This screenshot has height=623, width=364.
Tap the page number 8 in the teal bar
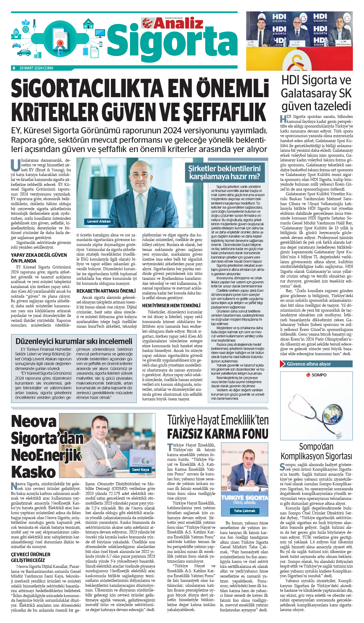[x=14, y=68]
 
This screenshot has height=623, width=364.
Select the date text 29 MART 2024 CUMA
[x=36, y=68]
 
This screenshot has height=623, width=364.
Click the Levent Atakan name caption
[x=99, y=221]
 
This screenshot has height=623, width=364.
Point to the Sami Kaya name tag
[x=140, y=470]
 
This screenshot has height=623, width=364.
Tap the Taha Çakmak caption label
[x=244, y=511]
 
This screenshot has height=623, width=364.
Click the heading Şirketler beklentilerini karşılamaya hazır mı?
[x=224, y=172]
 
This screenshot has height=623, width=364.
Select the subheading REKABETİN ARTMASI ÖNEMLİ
[x=106, y=291]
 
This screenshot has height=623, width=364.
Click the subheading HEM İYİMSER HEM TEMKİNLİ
[x=171, y=306]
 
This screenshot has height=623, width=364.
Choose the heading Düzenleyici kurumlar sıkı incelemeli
[x=74, y=341]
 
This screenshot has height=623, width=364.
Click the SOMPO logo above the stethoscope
[x=316, y=375]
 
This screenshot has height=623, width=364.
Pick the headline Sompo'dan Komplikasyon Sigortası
[x=316, y=451]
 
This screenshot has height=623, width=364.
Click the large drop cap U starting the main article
[x=15, y=165]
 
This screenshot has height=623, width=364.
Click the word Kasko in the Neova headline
[x=34, y=472]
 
